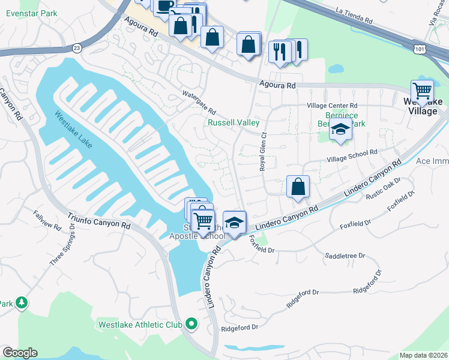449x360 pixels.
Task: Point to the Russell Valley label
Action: (x=234, y=123)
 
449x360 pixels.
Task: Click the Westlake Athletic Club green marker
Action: (x=191, y=325)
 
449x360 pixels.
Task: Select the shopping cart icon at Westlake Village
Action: (x=423, y=90)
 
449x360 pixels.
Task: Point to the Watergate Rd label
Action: (x=199, y=103)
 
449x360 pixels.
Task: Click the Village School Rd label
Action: (x=352, y=156)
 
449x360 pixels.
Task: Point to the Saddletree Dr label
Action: (x=345, y=256)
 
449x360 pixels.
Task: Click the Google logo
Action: (x=20, y=353)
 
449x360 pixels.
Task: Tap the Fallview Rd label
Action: (x=47, y=221)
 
